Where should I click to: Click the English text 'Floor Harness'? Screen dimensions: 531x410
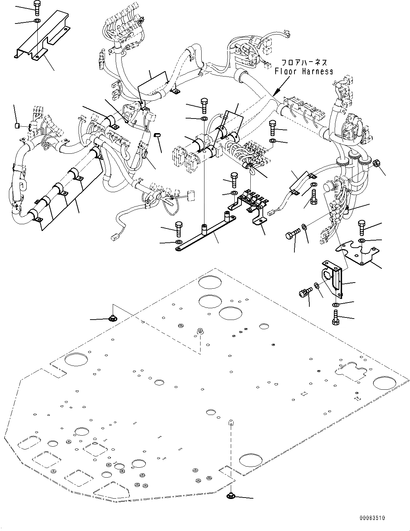tap(304, 71)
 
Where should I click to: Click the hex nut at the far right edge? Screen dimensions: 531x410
tap(378, 163)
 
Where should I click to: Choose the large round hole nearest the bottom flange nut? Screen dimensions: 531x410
tap(249, 460)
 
